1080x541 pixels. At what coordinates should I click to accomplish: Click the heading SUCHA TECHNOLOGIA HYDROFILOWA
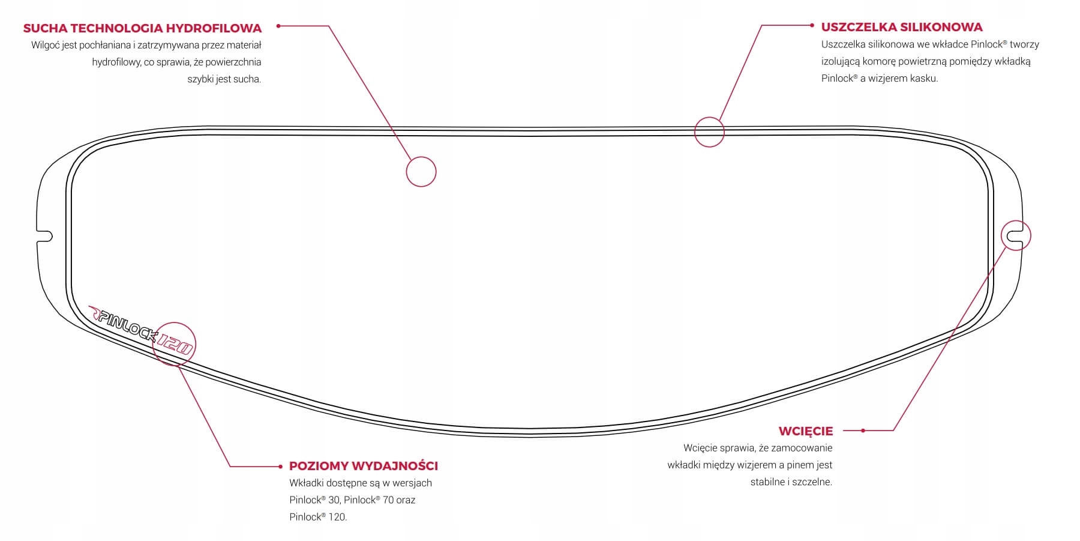[142, 28]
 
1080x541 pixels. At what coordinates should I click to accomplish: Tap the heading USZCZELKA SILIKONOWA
[902, 27]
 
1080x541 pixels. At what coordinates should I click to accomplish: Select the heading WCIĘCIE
[805, 431]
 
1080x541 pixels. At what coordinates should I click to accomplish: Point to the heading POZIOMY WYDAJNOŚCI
[364, 466]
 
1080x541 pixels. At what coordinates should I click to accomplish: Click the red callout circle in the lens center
[421, 172]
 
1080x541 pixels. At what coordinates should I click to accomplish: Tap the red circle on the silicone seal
[709, 131]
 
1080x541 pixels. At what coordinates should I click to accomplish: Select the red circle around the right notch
[1016, 235]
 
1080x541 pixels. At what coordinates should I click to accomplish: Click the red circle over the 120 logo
[175, 344]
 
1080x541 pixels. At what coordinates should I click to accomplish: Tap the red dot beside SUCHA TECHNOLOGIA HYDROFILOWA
[278, 26]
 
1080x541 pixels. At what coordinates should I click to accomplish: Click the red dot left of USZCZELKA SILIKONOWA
[811, 26]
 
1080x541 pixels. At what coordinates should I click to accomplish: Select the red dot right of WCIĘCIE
[863, 431]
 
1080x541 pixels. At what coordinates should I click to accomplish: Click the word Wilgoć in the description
[45, 45]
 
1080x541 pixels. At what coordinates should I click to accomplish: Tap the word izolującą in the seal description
[841, 61]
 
